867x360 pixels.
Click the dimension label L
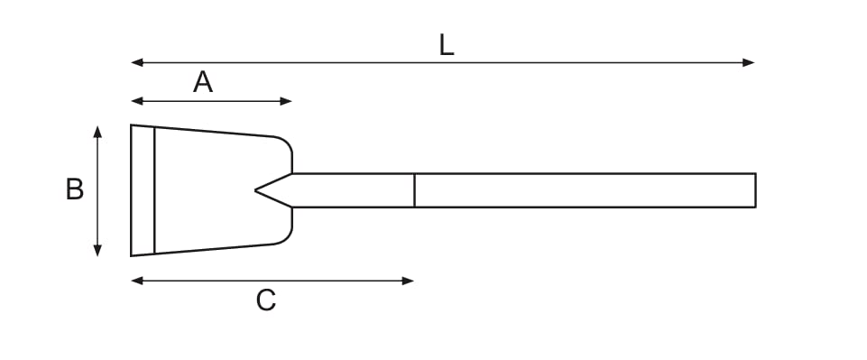[x=447, y=45]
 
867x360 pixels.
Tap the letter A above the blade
[x=203, y=82]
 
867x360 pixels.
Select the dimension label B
[x=75, y=189]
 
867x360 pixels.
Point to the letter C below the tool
[x=265, y=300]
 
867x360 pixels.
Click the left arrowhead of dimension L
[x=137, y=62]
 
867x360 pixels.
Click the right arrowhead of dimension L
[x=749, y=62]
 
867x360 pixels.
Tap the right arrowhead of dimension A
[x=286, y=101]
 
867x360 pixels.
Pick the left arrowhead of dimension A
[x=137, y=101]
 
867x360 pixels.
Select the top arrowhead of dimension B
[x=97, y=132]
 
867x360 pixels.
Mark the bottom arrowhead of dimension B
[x=97, y=251]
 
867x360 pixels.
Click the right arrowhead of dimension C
[x=408, y=281]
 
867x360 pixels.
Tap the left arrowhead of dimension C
[x=137, y=281]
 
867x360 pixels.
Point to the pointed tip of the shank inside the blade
[x=255, y=190]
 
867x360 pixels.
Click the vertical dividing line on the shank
[x=414, y=190]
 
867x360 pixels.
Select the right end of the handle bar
[x=755, y=190]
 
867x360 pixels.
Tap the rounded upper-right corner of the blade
[x=286, y=143]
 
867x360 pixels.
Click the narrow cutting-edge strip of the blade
[x=143, y=190]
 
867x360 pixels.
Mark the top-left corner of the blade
[x=131, y=125]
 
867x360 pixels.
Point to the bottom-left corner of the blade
[x=131, y=256]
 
